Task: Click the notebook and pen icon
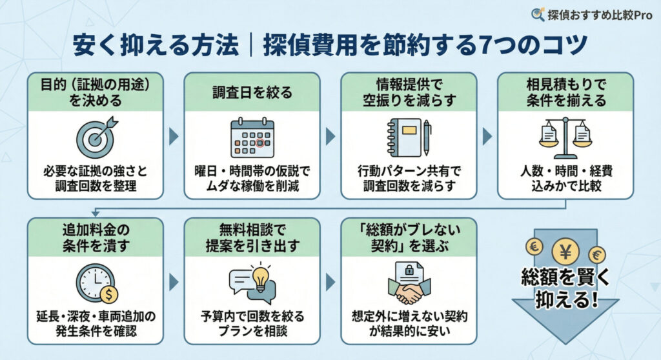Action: pos(409,137)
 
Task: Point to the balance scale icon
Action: pos(565,137)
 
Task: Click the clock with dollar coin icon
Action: pos(96,283)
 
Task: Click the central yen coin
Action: pos(565,252)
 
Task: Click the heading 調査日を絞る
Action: pos(252,92)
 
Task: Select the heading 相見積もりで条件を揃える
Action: pos(565,92)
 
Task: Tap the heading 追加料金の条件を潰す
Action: pos(95,237)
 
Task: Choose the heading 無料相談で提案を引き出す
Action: pos(252,237)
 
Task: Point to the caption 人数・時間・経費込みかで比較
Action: pos(565,179)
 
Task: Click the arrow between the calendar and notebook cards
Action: pos(330,136)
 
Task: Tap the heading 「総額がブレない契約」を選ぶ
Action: pos(409,237)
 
